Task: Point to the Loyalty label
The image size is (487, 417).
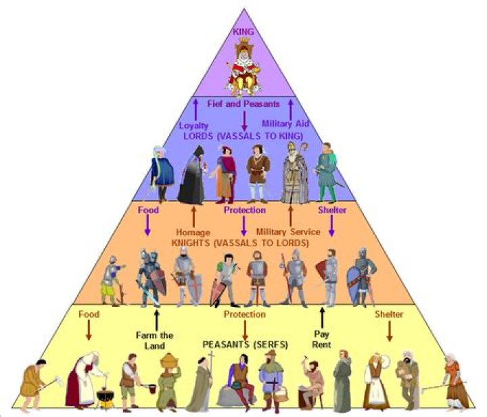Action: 194,125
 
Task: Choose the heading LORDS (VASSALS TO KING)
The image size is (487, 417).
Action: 243,135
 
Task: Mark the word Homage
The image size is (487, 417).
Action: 194,232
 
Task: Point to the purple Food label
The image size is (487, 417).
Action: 147,210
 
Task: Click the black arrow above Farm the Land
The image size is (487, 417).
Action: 157,318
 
